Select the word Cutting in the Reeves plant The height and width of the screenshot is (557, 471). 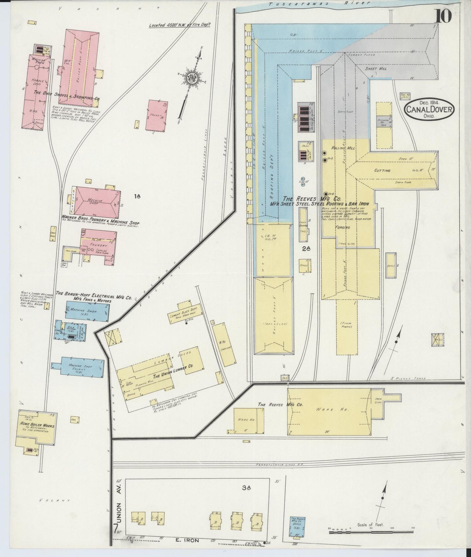pyautogui.click(x=382, y=170)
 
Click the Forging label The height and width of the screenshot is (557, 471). pyautogui.click(x=342, y=227)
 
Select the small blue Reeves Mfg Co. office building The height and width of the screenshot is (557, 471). pyautogui.click(x=298, y=526)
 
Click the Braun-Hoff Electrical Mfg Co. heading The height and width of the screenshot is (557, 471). pyautogui.click(x=94, y=297)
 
